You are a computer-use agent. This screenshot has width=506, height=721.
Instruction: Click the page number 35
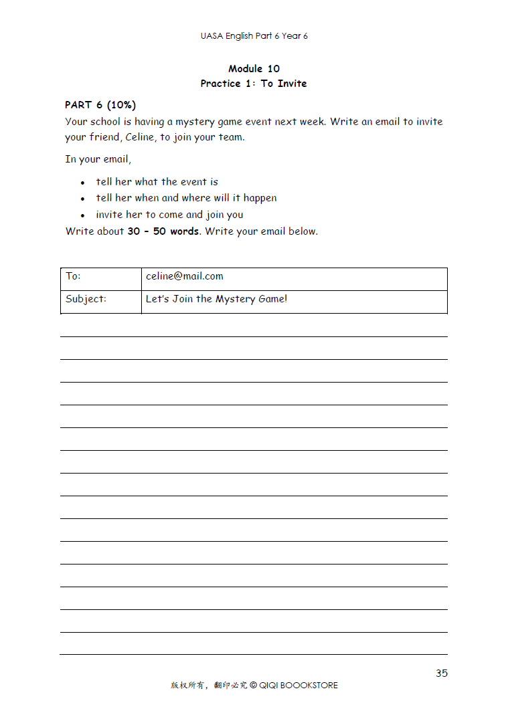tap(441, 673)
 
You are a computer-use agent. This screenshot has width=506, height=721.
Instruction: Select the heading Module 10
tap(254, 68)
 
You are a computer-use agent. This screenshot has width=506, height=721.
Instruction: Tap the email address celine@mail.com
tap(184, 276)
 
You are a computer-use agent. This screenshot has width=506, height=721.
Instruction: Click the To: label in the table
tap(73, 276)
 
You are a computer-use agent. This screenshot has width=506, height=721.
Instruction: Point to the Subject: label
tap(86, 299)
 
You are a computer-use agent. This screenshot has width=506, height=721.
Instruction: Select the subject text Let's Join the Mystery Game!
tap(216, 299)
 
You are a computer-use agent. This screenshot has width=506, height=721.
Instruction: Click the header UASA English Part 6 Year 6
tap(254, 35)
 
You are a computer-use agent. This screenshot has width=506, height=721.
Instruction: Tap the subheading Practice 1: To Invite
tap(254, 84)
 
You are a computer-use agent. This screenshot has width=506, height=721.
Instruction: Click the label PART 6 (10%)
tap(100, 105)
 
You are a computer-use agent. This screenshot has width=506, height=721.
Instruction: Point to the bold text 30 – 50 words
tap(163, 231)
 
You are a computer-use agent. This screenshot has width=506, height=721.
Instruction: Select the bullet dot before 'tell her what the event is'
tap(82, 183)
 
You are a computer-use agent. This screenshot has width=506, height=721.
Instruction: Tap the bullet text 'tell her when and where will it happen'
tap(186, 198)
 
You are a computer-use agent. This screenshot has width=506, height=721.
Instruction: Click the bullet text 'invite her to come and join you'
tap(169, 215)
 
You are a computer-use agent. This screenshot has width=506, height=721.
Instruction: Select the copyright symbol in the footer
tap(253, 685)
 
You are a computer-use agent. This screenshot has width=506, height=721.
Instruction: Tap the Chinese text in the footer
tap(209, 685)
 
